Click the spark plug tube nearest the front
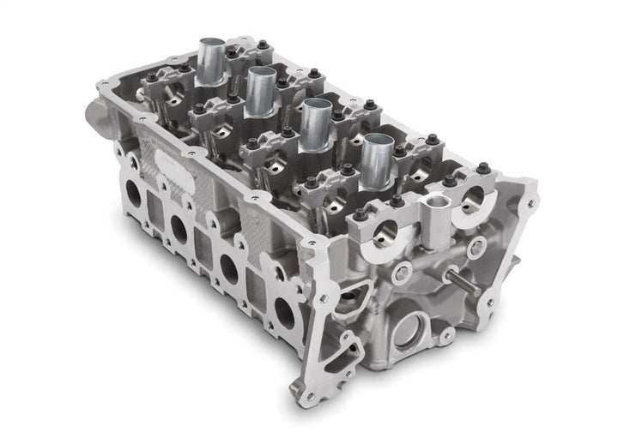(376, 163)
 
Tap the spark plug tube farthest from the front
(211, 57)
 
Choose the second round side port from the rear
(179, 226)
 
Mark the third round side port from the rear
(229, 267)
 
